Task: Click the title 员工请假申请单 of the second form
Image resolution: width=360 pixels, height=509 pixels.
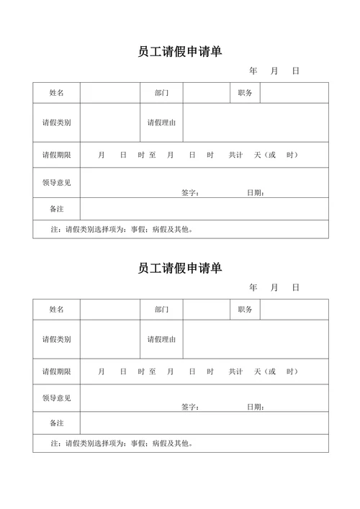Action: [x=180, y=268]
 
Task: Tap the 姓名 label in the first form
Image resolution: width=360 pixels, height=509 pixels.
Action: [x=56, y=93]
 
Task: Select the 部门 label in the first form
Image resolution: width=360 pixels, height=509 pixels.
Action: [x=161, y=93]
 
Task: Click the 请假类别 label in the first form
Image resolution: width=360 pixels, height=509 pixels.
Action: [x=56, y=122]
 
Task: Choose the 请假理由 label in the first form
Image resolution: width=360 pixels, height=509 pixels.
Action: [x=161, y=122]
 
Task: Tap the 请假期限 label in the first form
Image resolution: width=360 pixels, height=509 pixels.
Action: [x=56, y=155]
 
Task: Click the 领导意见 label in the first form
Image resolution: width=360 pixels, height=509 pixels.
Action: [x=56, y=182]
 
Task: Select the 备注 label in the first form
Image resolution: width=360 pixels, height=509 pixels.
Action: [x=56, y=208]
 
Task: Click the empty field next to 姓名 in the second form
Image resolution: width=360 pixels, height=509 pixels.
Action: [x=109, y=310]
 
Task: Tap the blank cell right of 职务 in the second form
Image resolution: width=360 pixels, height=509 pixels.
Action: [x=294, y=310]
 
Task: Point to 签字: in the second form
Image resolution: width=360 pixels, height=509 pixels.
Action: [x=190, y=407]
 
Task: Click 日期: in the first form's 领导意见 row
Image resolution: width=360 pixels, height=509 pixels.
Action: [x=256, y=192]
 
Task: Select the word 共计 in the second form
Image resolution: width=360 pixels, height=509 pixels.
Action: [x=236, y=371]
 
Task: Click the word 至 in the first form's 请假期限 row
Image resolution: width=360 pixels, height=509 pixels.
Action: [x=153, y=155]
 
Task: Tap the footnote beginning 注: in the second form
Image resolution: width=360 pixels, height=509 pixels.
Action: [x=122, y=443]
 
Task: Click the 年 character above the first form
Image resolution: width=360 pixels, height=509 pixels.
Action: [x=253, y=71]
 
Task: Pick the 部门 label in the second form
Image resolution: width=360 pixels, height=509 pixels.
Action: [x=161, y=310]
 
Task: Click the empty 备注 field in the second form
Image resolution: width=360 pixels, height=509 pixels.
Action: [x=204, y=423]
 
